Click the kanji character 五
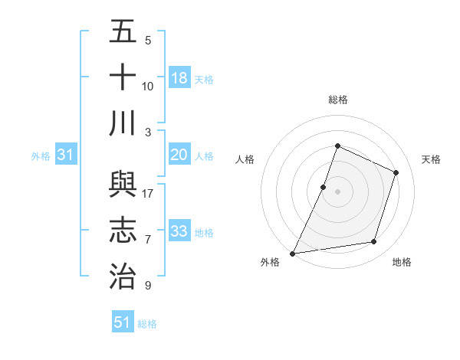pos(123,31)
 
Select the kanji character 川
pos(123,123)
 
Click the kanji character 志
pos(123,231)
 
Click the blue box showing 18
pos(179,78)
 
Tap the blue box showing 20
pos(179,155)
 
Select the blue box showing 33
pos(179,231)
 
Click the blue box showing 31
pos(65,155)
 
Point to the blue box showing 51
pos(123,322)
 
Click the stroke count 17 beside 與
pos(148,193)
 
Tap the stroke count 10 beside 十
pos(148,86)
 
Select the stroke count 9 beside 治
pos(148,286)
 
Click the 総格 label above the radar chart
pos(337,100)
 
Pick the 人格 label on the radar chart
pos(245,159)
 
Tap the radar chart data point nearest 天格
pos(396,172)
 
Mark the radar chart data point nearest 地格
pos(374,242)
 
